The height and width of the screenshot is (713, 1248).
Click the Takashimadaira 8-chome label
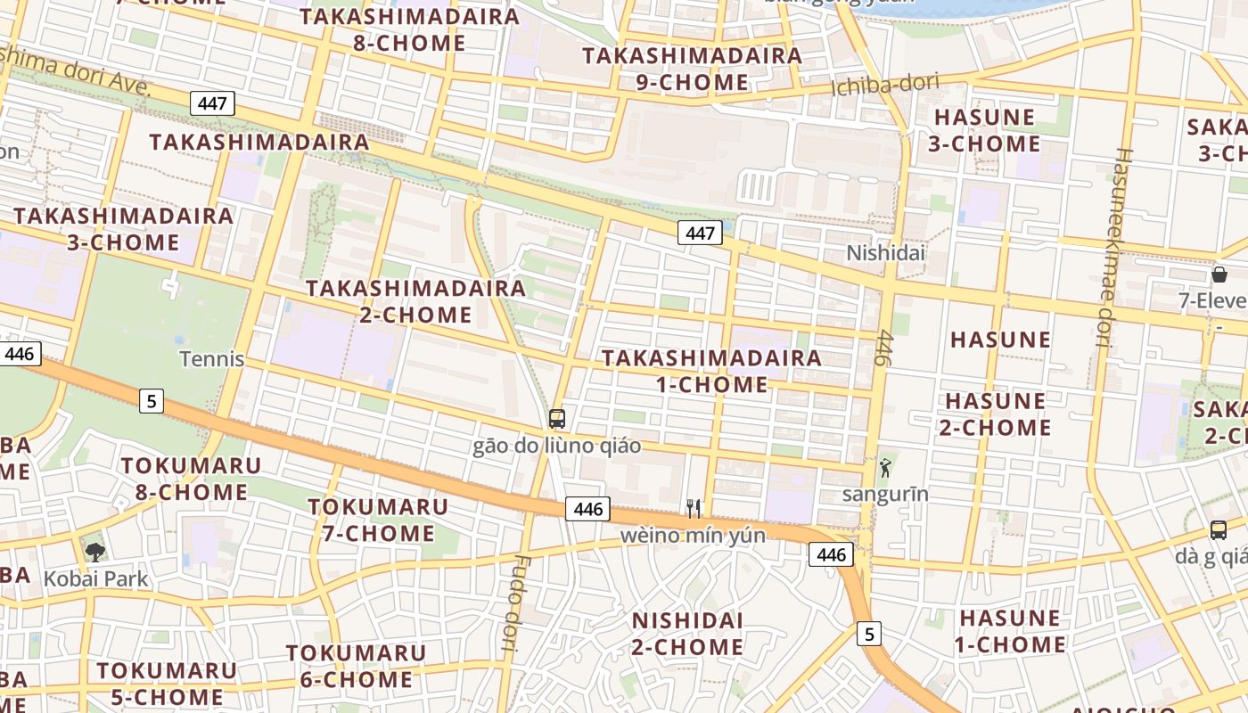(409, 29)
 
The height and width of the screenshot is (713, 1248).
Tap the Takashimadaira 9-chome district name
(692, 69)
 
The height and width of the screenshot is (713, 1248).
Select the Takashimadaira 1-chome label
(711, 371)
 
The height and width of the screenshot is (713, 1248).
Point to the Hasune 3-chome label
(984, 130)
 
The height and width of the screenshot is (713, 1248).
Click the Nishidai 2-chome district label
(687, 633)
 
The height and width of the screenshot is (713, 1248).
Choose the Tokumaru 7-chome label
(378, 520)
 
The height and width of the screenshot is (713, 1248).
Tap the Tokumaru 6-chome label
(356, 666)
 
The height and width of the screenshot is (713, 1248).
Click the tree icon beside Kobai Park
(94, 552)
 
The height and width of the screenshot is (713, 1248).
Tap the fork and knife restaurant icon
(694, 508)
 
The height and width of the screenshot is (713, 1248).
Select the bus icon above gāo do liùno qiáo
(557, 418)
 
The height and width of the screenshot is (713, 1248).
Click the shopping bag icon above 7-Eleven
(1219, 275)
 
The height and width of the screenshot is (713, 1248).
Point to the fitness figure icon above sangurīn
(885, 468)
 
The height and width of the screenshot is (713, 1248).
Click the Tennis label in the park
(212, 359)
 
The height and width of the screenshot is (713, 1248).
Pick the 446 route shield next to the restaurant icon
(587, 510)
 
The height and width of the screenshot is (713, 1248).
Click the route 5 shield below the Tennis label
(152, 401)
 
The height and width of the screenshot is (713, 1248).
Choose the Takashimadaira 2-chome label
(415, 301)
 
